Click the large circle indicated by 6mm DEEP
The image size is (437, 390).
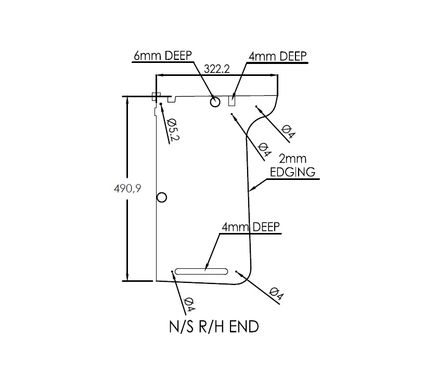tap(215, 101)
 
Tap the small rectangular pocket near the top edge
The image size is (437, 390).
tap(233, 100)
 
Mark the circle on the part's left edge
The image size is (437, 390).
tap(161, 197)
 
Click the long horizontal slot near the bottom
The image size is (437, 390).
tap(202, 271)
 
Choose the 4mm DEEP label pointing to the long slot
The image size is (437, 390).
tap(251, 227)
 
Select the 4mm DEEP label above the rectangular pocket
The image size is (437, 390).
tap(277, 56)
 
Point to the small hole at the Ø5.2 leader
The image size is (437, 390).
tap(161, 104)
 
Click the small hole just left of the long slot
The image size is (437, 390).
tap(172, 271)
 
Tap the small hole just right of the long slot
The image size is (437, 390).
tap(236, 271)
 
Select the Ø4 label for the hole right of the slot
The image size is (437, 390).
tap(277, 294)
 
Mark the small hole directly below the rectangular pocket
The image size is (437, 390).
tap(232, 115)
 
